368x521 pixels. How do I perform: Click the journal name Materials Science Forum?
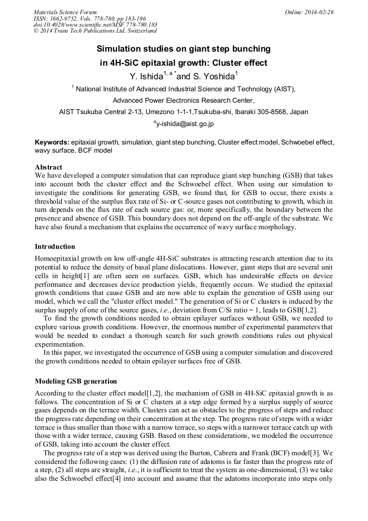coord(65,12)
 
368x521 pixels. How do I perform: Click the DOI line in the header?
coord(96,24)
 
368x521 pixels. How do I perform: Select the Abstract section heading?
coord(48,167)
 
